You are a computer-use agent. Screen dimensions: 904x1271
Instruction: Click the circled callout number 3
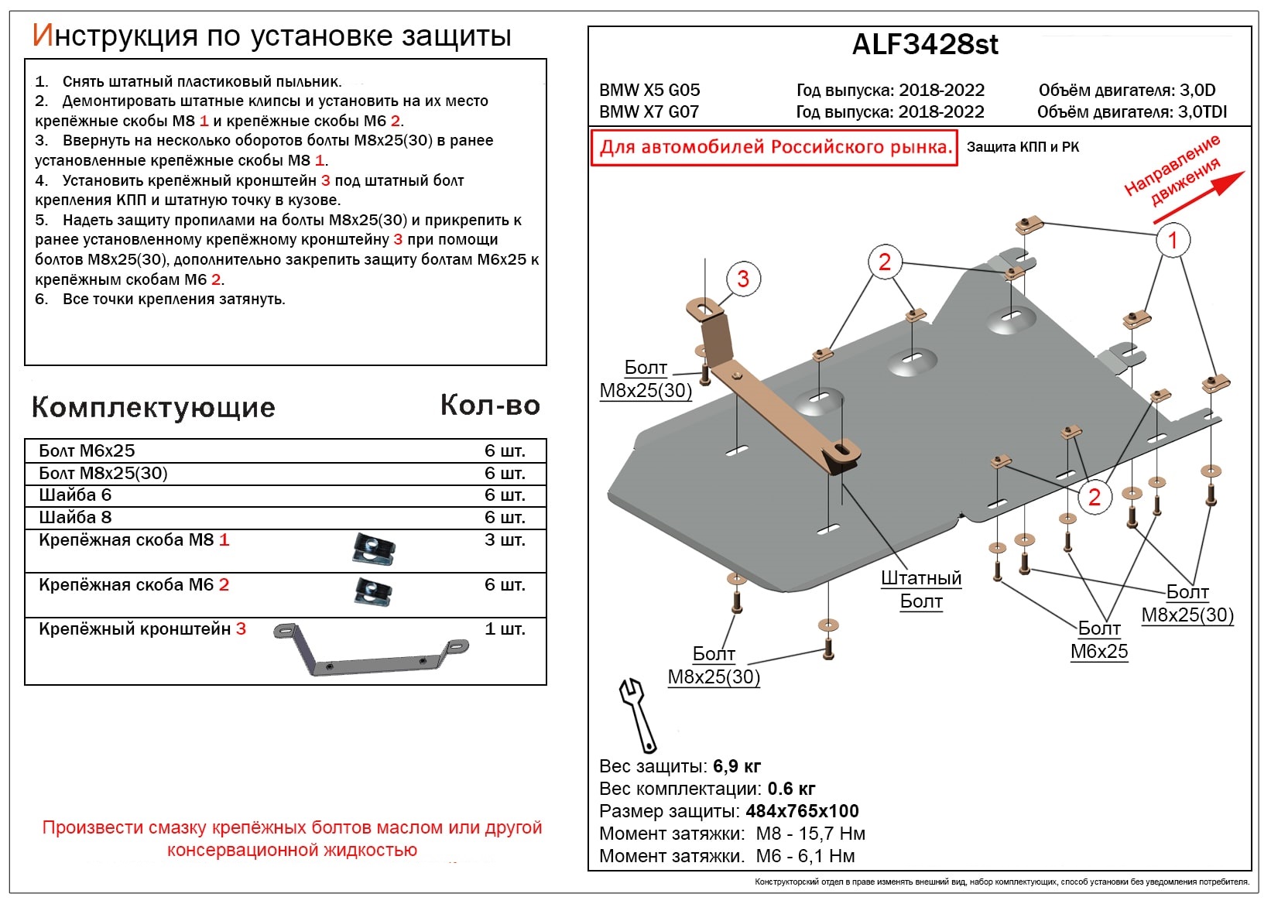click(742, 279)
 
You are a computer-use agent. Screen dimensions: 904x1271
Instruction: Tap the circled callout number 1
click(1172, 240)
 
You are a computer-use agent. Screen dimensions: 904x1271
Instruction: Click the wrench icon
click(638, 714)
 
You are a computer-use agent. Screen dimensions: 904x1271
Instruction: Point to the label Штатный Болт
click(920, 590)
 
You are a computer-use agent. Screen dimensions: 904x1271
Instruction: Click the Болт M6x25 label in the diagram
click(1098, 640)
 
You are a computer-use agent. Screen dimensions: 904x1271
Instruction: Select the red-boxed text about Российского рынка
click(774, 147)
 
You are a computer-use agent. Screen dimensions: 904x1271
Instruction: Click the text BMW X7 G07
click(649, 111)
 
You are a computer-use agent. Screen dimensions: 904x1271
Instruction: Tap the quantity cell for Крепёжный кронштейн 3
click(504, 629)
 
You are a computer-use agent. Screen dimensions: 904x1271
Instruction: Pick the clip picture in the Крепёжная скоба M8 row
click(374, 549)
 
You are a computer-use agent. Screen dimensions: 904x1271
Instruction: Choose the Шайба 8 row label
click(75, 517)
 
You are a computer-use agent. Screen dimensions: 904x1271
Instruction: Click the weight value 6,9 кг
click(736, 766)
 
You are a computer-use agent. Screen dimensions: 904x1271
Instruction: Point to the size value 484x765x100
click(802, 811)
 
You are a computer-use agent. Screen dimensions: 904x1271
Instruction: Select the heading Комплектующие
click(153, 407)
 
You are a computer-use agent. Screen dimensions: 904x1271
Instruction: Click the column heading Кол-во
click(490, 405)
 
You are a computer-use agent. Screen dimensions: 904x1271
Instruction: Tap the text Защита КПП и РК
click(1022, 147)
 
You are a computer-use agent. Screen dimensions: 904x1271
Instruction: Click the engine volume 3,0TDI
click(1202, 111)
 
